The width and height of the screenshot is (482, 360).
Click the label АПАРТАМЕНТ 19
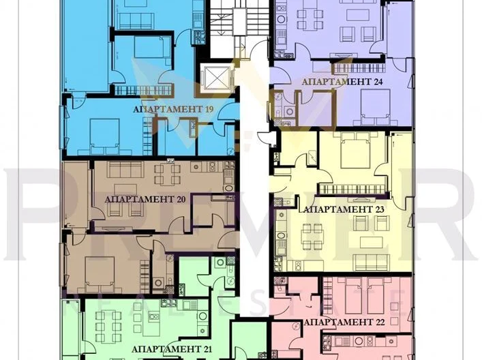pos(168,109)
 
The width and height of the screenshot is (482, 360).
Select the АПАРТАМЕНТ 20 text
pos(145,200)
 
